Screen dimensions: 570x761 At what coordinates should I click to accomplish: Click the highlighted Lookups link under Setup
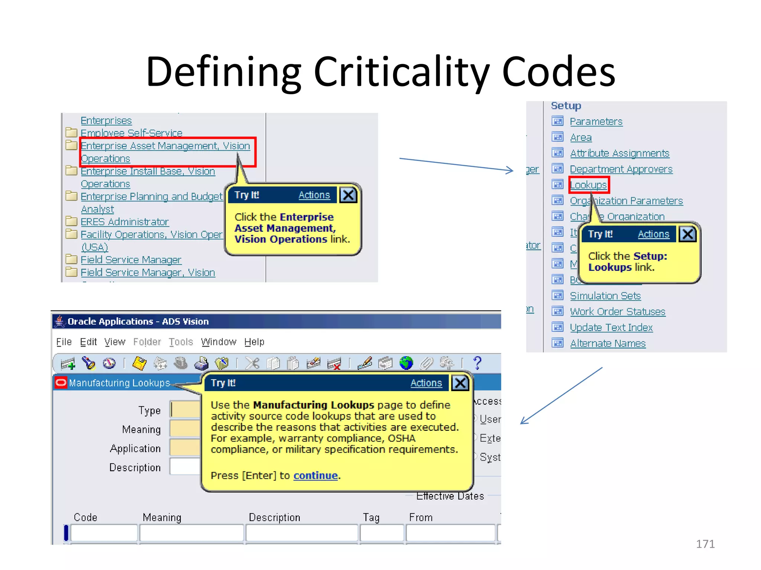[x=588, y=185]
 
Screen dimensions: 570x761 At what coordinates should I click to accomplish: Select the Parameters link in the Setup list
[x=596, y=122]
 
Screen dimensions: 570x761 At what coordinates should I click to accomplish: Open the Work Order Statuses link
[x=617, y=312]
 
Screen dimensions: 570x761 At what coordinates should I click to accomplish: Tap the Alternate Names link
[x=608, y=344]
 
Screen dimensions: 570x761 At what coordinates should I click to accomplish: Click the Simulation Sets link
[x=605, y=296]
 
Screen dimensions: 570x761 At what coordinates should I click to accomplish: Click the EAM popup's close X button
[x=348, y=195]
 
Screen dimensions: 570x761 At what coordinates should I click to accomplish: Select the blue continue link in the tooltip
[x=315, y=475]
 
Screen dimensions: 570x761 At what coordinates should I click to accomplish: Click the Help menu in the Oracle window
[x=254, y=342]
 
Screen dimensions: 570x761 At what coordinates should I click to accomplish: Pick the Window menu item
[x=218, y=342]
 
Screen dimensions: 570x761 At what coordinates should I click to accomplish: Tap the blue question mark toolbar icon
[x=477, y=363]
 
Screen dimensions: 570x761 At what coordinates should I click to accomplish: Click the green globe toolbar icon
[x=406, y=363]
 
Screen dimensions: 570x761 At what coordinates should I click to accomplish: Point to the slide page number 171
[x=705, y=544]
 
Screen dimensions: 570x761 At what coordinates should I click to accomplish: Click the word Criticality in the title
[x=403, y=71]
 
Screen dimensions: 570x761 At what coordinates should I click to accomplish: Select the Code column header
[x=85, y=517]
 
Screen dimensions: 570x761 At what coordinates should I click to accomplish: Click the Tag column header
[x=371, y=517]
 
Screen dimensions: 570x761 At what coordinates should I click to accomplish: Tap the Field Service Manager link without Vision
[x=131, y=260]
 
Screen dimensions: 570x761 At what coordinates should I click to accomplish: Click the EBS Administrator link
[x=124, y=222]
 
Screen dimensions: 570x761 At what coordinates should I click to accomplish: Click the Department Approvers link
[x=621, y=169]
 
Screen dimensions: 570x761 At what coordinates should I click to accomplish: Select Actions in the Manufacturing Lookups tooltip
[x=426, y=383]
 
